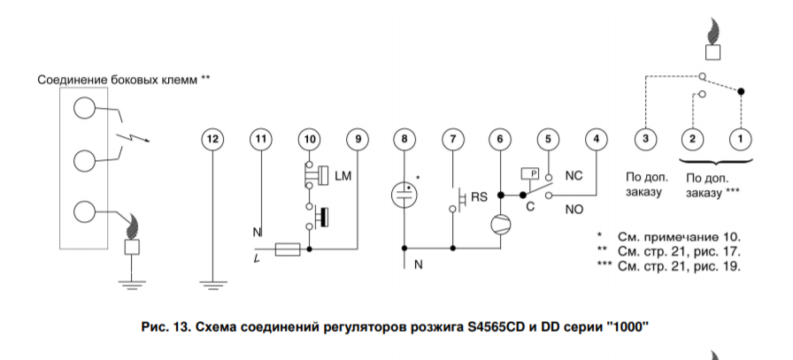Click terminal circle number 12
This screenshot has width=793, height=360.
point(211,139)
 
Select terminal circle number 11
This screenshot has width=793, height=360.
point(260,139)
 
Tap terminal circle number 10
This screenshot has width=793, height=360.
point(309,139)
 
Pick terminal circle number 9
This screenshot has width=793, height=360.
point(358,139)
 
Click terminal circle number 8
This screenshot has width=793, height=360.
point(404,139)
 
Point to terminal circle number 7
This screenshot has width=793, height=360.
point(453,139)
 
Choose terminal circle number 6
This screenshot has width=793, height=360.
point(501,139)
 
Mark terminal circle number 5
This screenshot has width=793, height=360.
point(549,139)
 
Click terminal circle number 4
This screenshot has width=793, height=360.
point(597,139)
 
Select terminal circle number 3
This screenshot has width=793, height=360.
point(646,139)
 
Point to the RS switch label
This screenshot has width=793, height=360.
point(478,196)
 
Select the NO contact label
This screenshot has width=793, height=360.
point(574,211)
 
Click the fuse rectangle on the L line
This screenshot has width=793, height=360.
point(284,251)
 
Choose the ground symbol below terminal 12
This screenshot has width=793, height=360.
point(211,285)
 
